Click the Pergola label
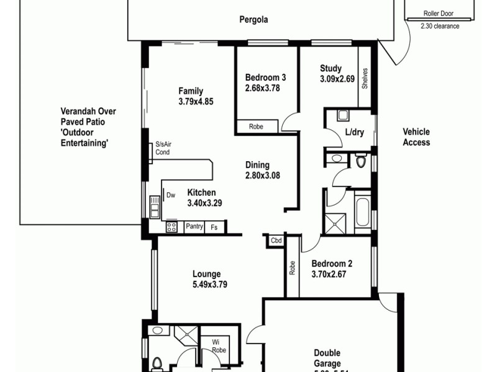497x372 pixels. [253, 19]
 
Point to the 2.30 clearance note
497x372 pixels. [440, 26]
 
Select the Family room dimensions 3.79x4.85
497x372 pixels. [196, 102]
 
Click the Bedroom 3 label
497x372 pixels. [265, 77]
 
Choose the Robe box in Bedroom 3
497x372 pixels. [256, 126]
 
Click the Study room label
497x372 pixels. [331, 68]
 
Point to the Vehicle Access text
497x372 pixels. [416, 137]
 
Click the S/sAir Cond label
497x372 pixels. [163, 148]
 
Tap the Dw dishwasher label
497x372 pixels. [171, 195]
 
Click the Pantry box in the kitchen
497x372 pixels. [194, 227]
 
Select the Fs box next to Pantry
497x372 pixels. [214, 228]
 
